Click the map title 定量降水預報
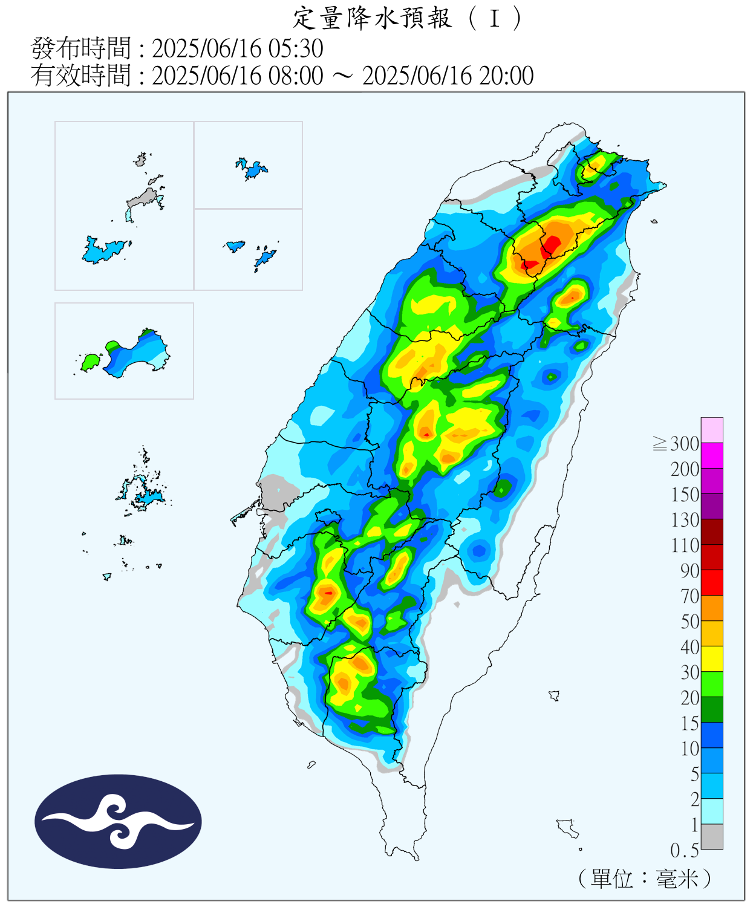pos(372,18)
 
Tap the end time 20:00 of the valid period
pos(507,76)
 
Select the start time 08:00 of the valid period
pos(296,76)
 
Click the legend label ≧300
pos(676,444)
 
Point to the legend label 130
pos(685,520)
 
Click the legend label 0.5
pos(685,851)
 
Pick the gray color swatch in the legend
pos(712,837)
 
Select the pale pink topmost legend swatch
pos(712,430)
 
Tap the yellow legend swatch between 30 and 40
pos(712,658)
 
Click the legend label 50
pos(689,622)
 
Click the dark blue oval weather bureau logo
pos(118,821)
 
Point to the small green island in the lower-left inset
pos(90,362)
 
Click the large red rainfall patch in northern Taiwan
pos(552,244)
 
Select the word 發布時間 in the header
pos(80,48)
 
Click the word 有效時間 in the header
pos(80,76)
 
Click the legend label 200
pos(685,469)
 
